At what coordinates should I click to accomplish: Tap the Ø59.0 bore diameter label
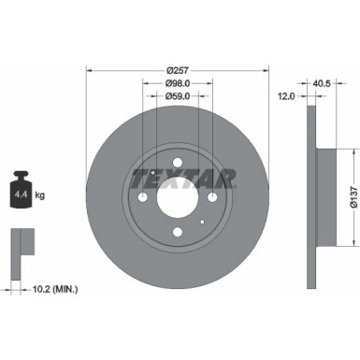(177, 94)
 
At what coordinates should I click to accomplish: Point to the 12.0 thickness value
(288, 95)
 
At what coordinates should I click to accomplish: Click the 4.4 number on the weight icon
(20, 194)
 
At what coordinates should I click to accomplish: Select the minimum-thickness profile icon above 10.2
(21, 245)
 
